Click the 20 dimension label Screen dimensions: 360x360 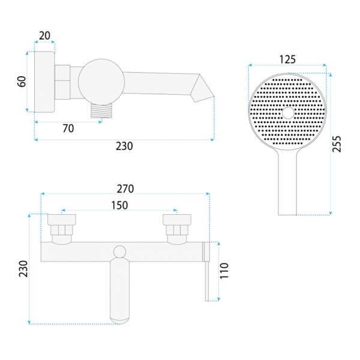pyautogui.click(x=44, y=35)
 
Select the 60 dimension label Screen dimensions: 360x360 pyautogui.click(x=22, y=82)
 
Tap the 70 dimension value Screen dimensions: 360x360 pyautogui.click(x=68, y=128)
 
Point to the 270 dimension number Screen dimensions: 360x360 pyautogui.click(x=125, y=189)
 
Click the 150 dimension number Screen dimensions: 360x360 pyautogui.click(x=119, y=205)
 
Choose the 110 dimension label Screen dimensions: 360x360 pyautogui.click(x=224, y=271)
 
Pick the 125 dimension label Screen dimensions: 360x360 pyautogui.click(x=287, y=59)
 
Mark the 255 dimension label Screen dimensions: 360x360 pyautogui.click(x=337, y=144)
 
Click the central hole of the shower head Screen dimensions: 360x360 pyautogui.click(x=288, y=113)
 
